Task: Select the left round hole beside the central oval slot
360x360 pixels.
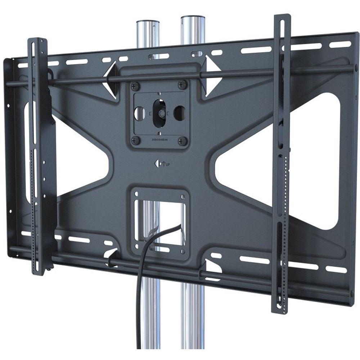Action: point(138,113)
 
